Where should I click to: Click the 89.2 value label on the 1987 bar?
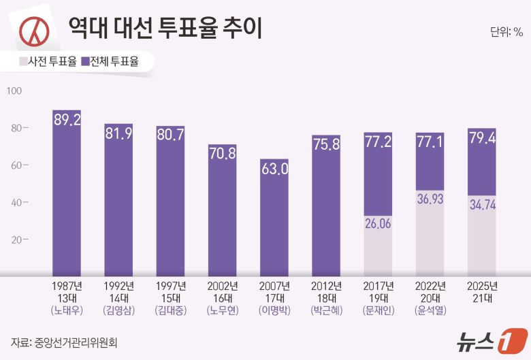pyautogui.click(x=67, y=120)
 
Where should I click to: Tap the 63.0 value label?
pyautogui.click(x=274, y=169)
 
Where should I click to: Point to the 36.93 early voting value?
pyautogui.click(x=430, y=200)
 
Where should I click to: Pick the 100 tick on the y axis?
pyautogui.click(x=14, y=91)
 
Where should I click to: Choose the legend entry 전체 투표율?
pyautogui.click(x=110, y=62)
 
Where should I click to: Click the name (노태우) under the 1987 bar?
pyautogui.click(x=67, y=310)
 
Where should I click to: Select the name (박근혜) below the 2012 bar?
pyautogui.click(x=325, y=310)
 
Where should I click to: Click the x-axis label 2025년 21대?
pyautogui.click(x=481, y=292)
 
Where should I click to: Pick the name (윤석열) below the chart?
pyautogui.click(x=430, y=310)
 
